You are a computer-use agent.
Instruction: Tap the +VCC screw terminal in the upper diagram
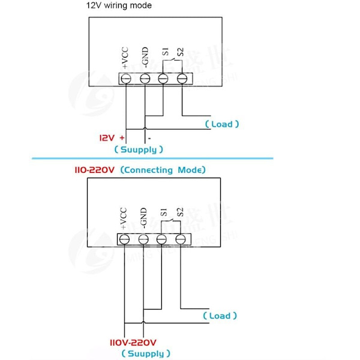[126, 79]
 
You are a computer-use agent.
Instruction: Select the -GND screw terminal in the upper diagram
[145, 79]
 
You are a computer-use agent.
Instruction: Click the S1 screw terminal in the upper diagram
[163, 79]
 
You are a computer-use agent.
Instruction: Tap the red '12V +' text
[112, 137]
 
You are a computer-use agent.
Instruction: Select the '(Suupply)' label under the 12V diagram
[139, 149]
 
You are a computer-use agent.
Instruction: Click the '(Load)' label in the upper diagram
[222, 124]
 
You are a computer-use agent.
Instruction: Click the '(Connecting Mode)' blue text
[163, 170]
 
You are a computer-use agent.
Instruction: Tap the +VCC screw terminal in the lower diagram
[125, 239]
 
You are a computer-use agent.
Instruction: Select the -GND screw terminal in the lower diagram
[143, 239]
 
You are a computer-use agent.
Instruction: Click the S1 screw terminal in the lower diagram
[161, 239]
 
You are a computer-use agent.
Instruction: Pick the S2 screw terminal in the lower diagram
[180, 239]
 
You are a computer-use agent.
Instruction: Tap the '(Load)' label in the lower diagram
[220, 316]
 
